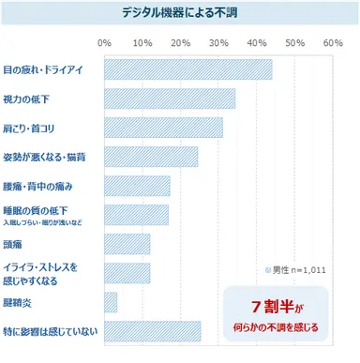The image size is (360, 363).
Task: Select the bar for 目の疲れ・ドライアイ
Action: tap(187, 70)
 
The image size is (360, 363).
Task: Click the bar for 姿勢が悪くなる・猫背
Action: tap(151, 157)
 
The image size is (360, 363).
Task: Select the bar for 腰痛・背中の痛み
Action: tap(137, 186)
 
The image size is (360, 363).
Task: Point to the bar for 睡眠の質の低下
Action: tap(136, 215)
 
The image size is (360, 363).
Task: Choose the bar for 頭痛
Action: tap(127, 244)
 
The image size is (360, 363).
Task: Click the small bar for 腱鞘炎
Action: tap(111, 302)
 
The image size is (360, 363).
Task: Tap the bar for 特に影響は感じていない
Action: tap(152, 330)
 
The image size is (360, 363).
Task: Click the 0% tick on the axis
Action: tap(105, 43)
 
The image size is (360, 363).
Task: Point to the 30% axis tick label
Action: tap(218, 43)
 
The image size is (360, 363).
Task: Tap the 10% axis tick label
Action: tap(142, 43)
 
